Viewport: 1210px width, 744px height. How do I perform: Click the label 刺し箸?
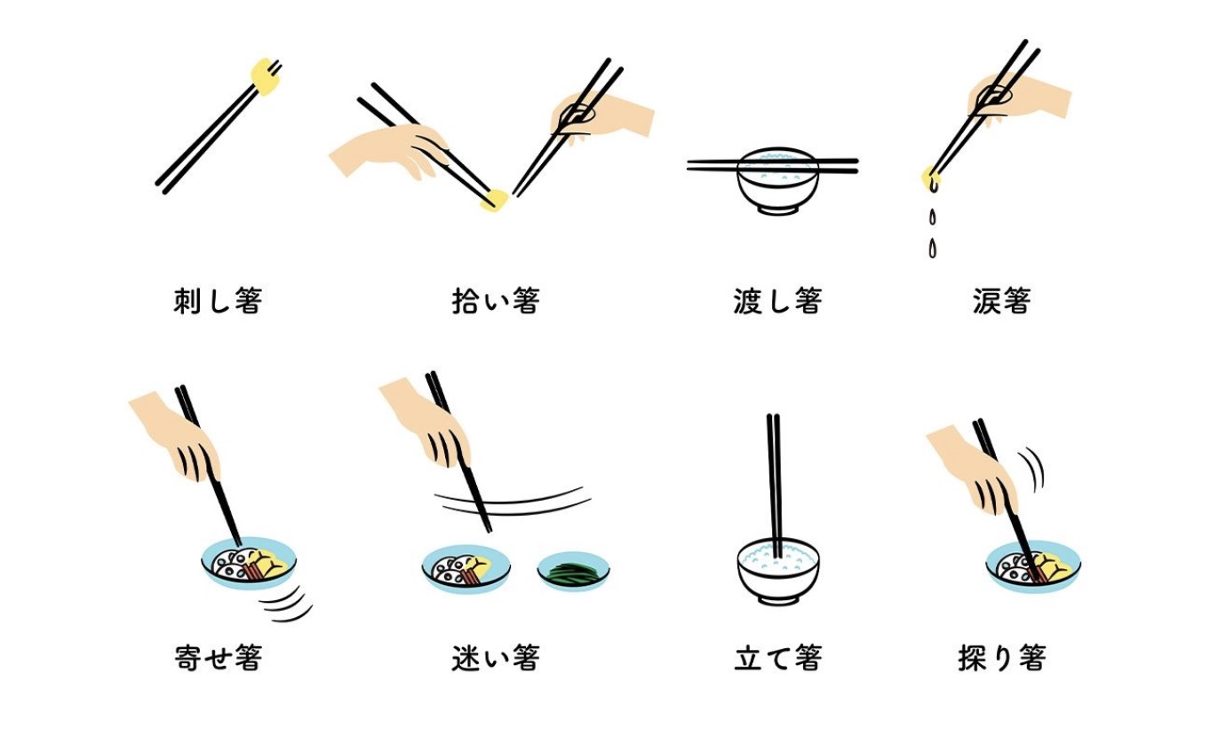(x=219, y=301)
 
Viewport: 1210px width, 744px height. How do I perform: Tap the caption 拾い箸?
(x=496, y=301)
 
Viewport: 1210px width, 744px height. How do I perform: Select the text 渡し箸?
(x=778, y=301)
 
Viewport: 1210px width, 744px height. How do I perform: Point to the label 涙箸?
(x=1002, y=301)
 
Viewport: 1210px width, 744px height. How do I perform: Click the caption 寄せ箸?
(x=219, y=658)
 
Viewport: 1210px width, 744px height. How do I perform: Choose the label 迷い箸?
(x=496, y=658)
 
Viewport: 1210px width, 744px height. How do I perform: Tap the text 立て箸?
(x=778, y=658)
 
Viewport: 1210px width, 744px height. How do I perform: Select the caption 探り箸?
(x=1002, y=658)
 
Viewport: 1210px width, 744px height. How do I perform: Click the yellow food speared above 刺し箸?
(x=266, y=76)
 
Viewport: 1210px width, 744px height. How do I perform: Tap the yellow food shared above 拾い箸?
(x=495, y=201)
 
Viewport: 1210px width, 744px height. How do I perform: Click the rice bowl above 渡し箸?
(x=778, y=181)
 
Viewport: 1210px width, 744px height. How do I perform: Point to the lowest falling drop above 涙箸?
(x=932, y=249)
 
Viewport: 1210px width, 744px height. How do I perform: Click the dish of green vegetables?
(x=573, y=571)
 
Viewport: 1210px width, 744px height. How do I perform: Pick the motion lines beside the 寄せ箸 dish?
(x=287, y=605)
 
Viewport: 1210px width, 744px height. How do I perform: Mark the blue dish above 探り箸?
(x=1033, y=567)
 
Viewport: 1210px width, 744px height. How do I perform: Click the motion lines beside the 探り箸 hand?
(x=1033, y=469)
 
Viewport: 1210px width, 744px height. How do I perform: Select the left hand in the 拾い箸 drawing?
(x=390, y=152)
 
